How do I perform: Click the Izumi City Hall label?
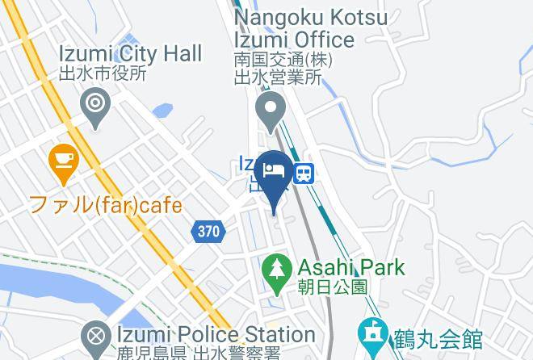tap(130, 54)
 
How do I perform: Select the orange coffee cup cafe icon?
tap(62, 160)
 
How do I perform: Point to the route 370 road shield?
tap(208, 232)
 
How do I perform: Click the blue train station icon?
tap(304, 173)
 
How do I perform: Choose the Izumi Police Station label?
tap(202, 334)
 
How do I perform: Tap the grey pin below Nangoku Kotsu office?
tap(268, 111)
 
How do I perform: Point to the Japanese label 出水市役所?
tap(103, 73)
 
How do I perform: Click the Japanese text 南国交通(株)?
tap(283, 60)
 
